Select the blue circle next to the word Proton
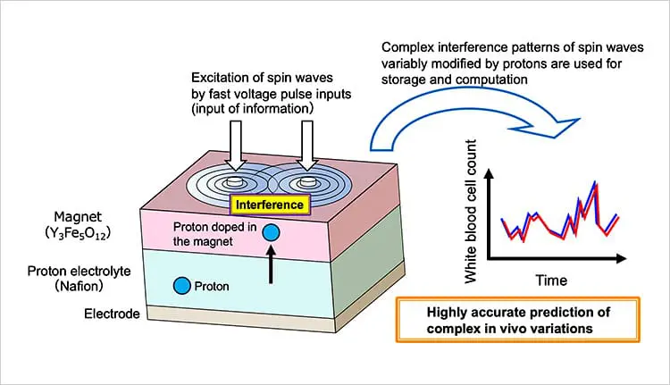click(x=182, y=286)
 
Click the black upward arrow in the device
click(x=272, y=267)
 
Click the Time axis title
click(x=550, y=280)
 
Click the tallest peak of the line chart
click(x=595, y=183)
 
